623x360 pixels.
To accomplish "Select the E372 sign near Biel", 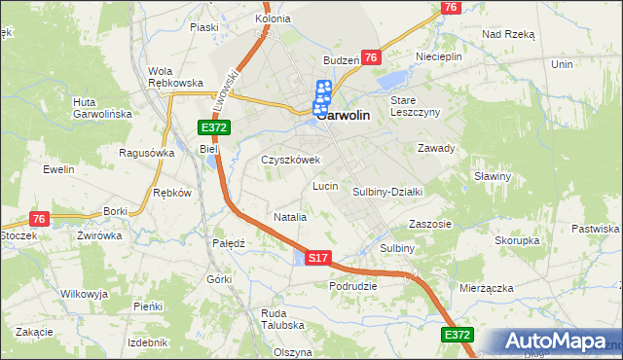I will pyautogui.click(x=214, y=127).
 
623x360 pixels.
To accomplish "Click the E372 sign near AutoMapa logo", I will pyautogui.click(x=458, y=335).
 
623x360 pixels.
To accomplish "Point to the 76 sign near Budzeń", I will pyautogui.click(x=370, y=58).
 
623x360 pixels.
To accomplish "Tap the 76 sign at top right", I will pyautogui.click(x=449, y=7).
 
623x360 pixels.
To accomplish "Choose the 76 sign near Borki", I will pyautogui.click(x=39, y=219).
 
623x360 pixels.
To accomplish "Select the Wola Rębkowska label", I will pyautogui.click(x=174, y=77).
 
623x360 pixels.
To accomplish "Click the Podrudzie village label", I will pyautogui.click(x=353, y=286).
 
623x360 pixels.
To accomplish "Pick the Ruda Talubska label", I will pyautogui.click(x=282, y=319).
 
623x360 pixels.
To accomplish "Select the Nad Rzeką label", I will pyautogui.click(x=508, y=33).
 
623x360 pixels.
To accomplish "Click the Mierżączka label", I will pyautogui.click(x=486, y=288).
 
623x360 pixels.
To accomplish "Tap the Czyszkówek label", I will pyautogui.click(x=290, y=160).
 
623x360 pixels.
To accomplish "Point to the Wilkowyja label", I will pyautogui.click(x=84, y=293).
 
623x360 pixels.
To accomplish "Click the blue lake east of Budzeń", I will pyautogui.click(x=393, y=79).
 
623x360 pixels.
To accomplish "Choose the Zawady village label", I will pyautogui.click(x=436, y=149).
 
